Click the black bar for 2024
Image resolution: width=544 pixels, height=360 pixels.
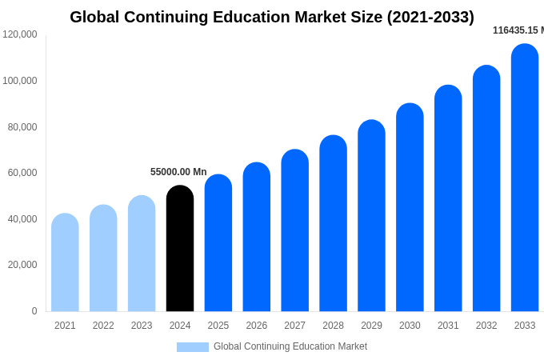tap(180, 249)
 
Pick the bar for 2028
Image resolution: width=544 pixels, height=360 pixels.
tap(333, 223)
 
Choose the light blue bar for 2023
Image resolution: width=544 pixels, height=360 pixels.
tap(142, 254)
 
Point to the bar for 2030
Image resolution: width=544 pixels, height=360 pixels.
tap(410, 207)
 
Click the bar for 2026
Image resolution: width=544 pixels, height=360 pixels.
tap(257, 237)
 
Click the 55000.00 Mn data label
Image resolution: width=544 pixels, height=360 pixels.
tap(178, 172)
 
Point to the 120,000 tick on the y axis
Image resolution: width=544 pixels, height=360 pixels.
tap(20, 34)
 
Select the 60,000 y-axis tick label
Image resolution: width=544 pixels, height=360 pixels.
tap(22, 173)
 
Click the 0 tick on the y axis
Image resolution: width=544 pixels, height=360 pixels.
tap(34, 311)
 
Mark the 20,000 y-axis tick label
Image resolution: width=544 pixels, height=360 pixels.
tap(22, 265)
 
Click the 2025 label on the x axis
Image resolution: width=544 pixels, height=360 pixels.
tap(218, 326)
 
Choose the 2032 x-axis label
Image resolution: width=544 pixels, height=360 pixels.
tap(486, 326)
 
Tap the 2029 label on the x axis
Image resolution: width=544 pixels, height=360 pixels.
tap(371, 326)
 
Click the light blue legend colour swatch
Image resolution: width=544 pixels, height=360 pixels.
tap(192, 347)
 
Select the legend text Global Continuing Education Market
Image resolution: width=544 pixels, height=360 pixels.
tap(290, 346)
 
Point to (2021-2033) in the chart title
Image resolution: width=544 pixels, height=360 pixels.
tap(430, 17)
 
